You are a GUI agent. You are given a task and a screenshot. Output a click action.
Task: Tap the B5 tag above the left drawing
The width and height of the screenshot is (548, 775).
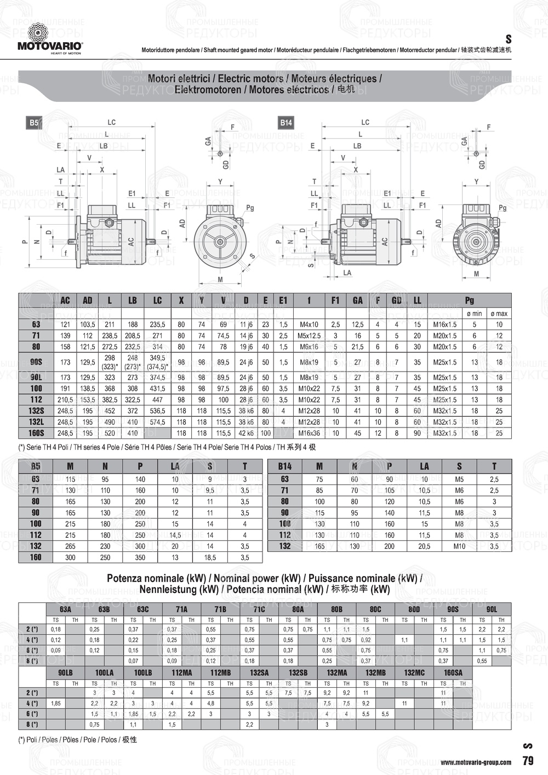(x=34, y=123)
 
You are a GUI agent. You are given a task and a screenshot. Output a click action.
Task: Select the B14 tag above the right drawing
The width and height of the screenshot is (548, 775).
(x=286, y=123)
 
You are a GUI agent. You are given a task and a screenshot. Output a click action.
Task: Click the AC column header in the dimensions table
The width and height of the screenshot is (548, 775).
(x=65, y=300)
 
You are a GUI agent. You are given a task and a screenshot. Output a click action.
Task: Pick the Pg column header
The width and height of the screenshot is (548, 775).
(x=469, y=300)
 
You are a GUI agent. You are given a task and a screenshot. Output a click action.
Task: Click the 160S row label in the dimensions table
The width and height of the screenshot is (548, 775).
(x=36, y=433)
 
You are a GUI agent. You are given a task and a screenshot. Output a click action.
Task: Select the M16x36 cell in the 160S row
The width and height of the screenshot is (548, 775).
(x=309, y=433)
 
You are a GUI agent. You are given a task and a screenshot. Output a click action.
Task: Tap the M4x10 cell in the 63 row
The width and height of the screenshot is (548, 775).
(x=309, y=324)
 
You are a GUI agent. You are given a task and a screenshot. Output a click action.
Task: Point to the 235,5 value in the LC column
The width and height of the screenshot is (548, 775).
(x=157, y=324)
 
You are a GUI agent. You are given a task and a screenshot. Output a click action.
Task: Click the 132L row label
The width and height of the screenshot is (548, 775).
(x=36, y=422)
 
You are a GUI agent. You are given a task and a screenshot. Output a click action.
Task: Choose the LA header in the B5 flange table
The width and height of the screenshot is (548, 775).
(x=175, y=466)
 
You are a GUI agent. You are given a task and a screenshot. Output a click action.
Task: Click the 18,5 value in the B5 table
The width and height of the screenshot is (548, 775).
(x=210, y=557)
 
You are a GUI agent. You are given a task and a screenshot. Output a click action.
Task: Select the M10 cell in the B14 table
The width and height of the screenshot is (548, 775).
(x=459, y=546)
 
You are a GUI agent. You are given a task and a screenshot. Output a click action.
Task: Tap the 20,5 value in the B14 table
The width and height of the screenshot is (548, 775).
(x=424, y=546)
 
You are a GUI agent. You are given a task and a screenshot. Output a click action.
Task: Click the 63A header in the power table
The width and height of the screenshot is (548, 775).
(x=65, y=609)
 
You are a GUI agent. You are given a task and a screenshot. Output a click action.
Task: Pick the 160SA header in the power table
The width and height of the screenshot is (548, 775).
(x=453, y=673)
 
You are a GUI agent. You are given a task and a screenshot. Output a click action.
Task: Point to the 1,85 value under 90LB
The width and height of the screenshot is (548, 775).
(x=55, y=703)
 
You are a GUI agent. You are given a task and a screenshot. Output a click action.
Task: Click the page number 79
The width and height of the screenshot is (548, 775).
(x=528, y=761)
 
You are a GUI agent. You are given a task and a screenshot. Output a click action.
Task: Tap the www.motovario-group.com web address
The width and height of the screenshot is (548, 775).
(x=476, y=762)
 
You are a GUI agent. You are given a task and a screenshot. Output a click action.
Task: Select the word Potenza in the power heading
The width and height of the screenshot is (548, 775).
(x=126, y=578)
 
